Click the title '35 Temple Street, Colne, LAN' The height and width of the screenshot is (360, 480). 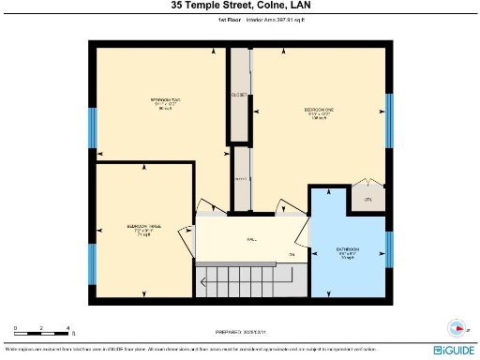(x=239, y=7)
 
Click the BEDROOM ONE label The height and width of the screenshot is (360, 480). (x=319, y=111)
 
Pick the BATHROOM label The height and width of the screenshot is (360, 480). (x=347, y=251)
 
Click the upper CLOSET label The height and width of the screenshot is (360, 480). (x=240, y=95)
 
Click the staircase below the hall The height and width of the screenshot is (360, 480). (x=240, y=280)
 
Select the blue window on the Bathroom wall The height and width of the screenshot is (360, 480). (x=389, y=246)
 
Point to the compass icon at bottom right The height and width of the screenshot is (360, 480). (x=457, y=328)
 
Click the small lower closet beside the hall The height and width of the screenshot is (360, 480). (x=241, y=176)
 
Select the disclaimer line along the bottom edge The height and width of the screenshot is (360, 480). (x=197, y=348)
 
